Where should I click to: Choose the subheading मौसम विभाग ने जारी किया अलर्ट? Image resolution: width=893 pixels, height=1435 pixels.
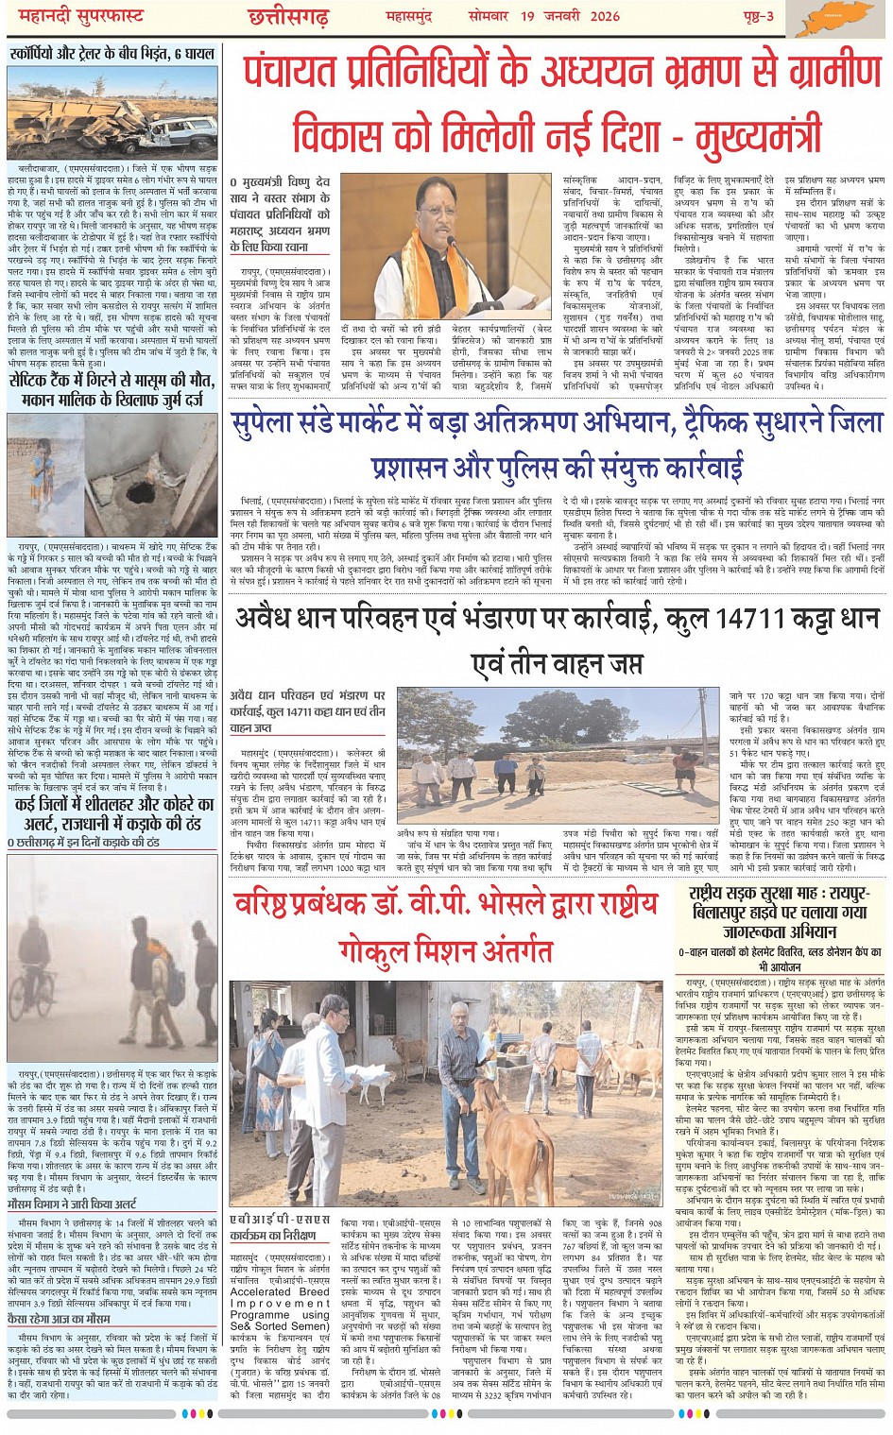[x=72, y=1204]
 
